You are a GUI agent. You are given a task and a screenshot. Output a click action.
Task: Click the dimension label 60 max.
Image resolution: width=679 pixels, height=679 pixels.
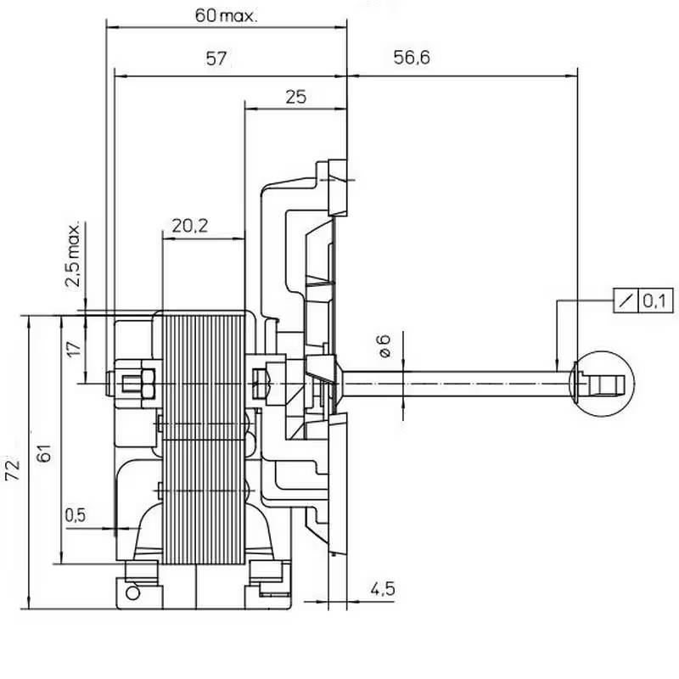(x=226, y=16)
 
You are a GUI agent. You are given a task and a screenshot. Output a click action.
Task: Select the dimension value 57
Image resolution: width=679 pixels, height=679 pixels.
(x=218, y=59)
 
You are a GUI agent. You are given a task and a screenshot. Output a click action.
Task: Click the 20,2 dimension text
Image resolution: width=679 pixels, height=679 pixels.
(x=190, y=227)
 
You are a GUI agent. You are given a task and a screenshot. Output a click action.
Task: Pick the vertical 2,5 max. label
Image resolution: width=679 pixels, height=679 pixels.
(x=75, y=255)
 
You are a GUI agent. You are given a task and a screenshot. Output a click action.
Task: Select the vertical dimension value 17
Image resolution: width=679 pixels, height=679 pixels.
(x=74, y=349)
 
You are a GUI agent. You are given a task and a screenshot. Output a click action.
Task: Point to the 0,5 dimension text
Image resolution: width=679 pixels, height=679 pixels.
(x=76, y=515)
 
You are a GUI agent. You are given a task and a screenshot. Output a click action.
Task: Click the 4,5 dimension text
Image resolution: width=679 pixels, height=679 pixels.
(x=382, y=588)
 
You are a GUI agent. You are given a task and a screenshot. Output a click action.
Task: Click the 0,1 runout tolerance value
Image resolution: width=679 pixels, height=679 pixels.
(x=655, y=300)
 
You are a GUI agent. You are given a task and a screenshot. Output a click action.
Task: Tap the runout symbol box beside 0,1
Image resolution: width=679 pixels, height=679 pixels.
(x=625, y=300)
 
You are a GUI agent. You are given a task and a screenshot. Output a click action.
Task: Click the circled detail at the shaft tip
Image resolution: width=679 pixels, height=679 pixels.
(x=603, y=383)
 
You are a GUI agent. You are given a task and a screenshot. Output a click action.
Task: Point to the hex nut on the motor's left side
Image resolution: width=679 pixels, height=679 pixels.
(x=136, y=384)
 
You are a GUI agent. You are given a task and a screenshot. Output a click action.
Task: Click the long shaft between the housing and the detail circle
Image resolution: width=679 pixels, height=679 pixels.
(x=458, y=384)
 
